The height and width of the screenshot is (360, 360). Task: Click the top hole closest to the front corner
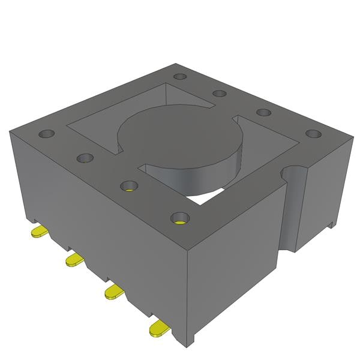(x=179, y=218)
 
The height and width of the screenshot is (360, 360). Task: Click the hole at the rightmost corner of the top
(x=312, y=133)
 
